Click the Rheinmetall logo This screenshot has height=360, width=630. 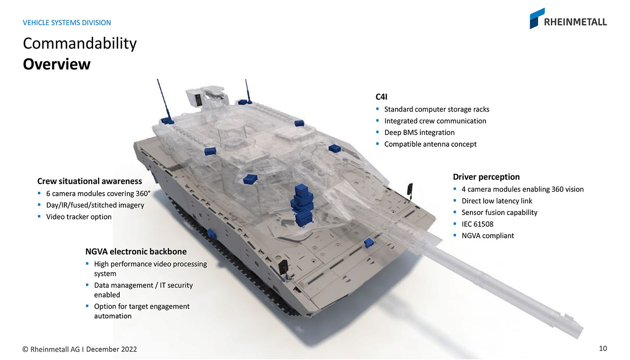[568, 18]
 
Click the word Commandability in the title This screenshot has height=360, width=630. [80, 44]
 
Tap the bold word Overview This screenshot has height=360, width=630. [57, 64]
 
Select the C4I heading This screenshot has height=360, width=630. [382, 97]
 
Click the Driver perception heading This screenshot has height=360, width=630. [486, 177]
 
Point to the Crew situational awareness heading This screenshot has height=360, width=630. [90, 181]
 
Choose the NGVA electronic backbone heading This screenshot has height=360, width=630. [136, 252]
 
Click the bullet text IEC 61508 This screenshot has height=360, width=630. [477, 224]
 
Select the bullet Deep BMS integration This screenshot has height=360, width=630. [419, 132]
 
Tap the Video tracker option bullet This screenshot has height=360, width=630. [79, 217]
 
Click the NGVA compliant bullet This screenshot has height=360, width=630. [488, 236]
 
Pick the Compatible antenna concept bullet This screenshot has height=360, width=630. [430, 144]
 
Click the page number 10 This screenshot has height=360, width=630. [603, 348]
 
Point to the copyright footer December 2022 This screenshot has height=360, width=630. [112, 349]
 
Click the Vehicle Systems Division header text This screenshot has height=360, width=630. [67, 22]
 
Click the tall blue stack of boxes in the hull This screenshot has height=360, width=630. [302, 205]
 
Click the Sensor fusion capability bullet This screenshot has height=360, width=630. [499, 212]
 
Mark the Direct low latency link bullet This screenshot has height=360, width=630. [497, 201]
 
